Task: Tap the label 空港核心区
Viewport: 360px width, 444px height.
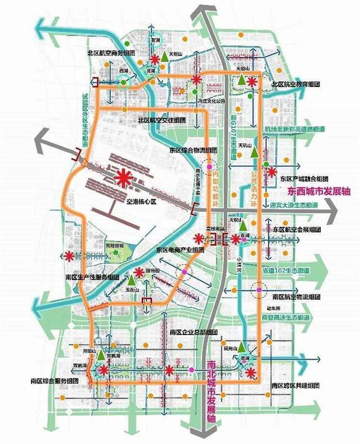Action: pyautogui.click(x=142, y=203)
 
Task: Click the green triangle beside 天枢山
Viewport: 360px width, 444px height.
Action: pyautogui.click(x=164, y=56)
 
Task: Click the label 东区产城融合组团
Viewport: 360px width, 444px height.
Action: pyautogui.click(x=304, y=179)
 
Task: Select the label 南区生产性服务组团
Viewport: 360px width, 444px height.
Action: pyautogui.click(x=92, y=277)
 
